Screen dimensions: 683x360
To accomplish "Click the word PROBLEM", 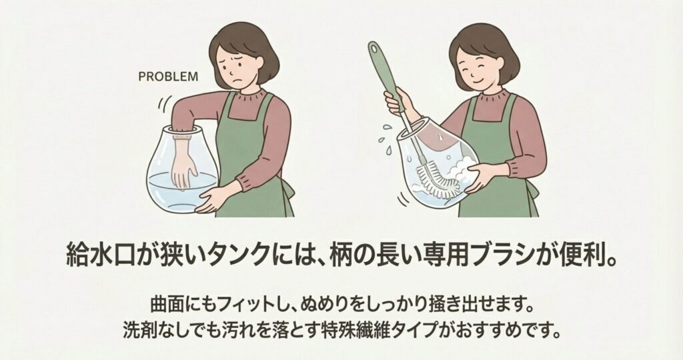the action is pyautogui.click(x=168, y=77).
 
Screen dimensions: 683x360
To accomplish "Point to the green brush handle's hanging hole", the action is pyautogui.click(x=374, y=46).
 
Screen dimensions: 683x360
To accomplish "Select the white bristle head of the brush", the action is pyautogui.click(x=438, y=179).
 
